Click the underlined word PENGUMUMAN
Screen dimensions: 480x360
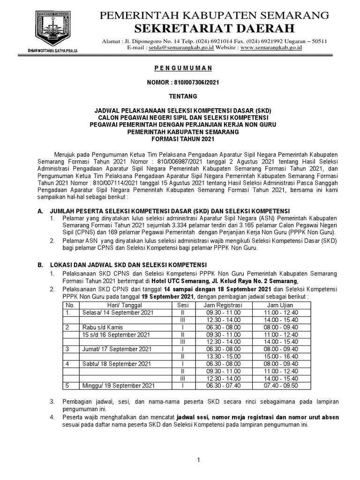(x=183, y=68)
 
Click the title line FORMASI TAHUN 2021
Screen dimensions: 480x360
(x=183, y=140)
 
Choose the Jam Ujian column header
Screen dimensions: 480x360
(x=281, y=305)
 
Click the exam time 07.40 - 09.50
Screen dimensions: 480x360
(x=281, y=385)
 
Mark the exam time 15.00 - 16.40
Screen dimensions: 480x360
(x=281, y=356)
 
